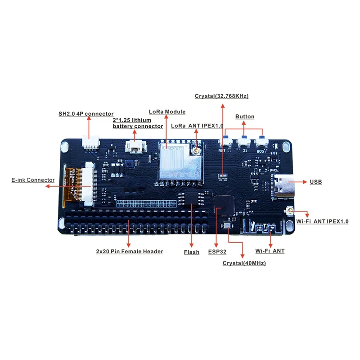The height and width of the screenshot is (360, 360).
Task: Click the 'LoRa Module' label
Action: pyautogui.click(x=167, y=112)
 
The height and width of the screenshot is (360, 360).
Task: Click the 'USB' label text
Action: pyautogui.click(x=315, y=182)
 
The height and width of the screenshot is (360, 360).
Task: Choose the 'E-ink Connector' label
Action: pyautogui.click(x=33, y=180)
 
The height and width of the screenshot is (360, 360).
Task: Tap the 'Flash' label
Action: pyautogui.click(x=192, y=252)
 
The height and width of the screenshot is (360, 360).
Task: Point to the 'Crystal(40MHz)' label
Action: pyautogui.click(x=244, y=263)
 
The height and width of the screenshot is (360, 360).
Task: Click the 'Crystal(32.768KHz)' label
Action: pyautogui.click(x=221, y=96)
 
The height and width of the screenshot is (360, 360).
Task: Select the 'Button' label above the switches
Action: pyautogui.click(x=245, y=117)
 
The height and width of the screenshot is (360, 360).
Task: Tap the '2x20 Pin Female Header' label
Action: pyautogui.click(x=130, y=252)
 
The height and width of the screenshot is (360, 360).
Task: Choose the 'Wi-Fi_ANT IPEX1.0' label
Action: pyautogui.click(x=322, y=222)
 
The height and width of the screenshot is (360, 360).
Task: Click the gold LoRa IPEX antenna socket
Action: pyautogui.click(x=197, y=152)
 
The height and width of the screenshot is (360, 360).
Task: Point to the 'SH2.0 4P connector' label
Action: pyautogui.click(x=86, y=114)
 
